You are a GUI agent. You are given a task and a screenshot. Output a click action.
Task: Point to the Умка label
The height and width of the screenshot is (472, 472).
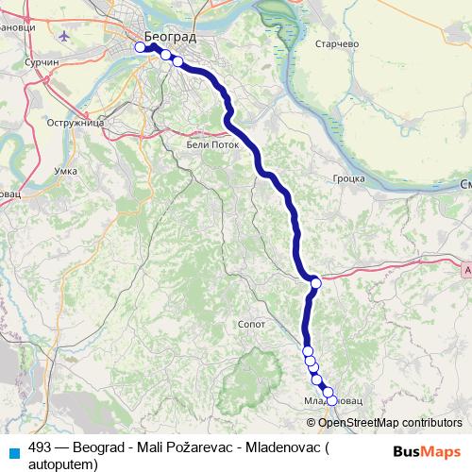click(67, 171)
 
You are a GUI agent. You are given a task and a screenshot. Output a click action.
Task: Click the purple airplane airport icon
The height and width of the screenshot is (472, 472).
click(63, 36)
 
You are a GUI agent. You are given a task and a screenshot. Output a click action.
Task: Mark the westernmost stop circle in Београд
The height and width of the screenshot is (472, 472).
click(141, 47)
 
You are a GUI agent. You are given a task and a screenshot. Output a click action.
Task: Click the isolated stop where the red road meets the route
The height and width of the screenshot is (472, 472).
click(315, 283)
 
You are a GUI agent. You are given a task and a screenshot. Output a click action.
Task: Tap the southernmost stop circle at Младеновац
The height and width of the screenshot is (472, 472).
click(330, 400)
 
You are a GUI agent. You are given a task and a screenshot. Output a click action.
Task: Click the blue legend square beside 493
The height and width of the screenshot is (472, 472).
click(13, 451)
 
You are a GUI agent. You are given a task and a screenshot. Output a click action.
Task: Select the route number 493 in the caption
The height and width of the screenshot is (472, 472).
click(41, 449)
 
